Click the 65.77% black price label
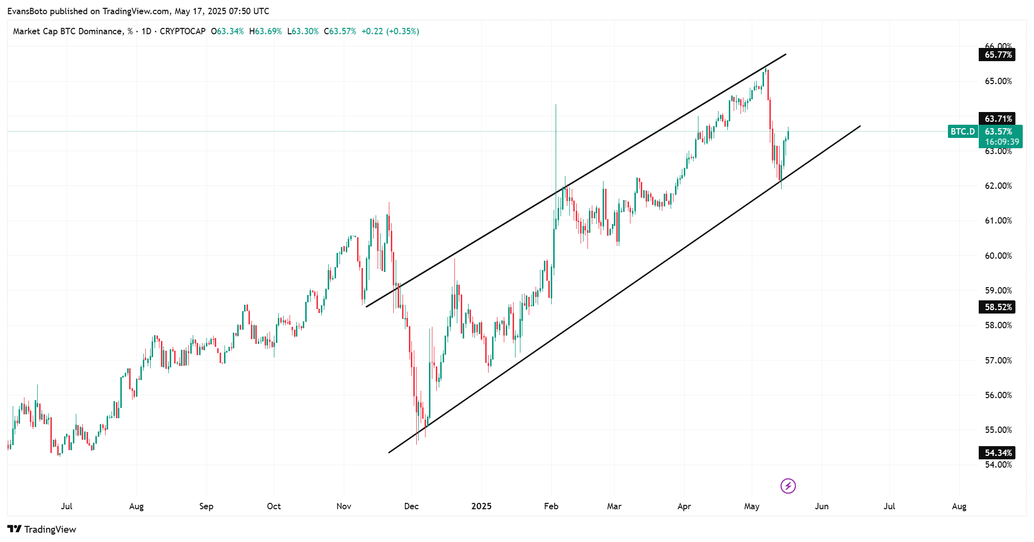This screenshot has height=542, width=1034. point(997,55)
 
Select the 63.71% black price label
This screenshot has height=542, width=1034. point(997,119)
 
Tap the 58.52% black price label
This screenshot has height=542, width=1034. point(997,307)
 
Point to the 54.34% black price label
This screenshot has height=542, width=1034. point(997,453)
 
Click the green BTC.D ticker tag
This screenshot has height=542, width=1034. point(963,132)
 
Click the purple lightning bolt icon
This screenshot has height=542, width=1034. point(788,486)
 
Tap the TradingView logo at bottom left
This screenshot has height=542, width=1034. point(42,529)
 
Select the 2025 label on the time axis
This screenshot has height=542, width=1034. point(481,506)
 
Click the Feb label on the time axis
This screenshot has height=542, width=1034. point(551,506)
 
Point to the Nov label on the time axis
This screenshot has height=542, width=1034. point(344,506)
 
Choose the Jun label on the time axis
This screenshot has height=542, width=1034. point(822,506)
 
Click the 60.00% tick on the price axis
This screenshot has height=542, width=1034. point(998,256)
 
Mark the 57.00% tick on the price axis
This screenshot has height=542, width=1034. point(998,361)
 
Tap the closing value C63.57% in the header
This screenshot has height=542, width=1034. point(340,31)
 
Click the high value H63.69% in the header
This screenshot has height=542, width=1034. point(266,31)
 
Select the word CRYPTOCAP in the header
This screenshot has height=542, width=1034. point(182,31)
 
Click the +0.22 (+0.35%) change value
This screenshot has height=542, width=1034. point(390,31)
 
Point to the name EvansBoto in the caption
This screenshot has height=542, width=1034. point(27,11)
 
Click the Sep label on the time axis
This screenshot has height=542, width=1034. point(206,506)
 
